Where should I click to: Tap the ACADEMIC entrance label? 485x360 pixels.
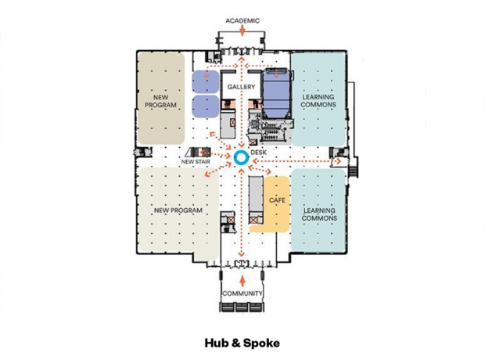pos(242,21)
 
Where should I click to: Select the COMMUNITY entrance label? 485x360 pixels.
pos(242,293)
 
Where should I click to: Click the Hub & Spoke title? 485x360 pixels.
pos(242,343)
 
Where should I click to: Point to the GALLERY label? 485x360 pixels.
pos(241,87)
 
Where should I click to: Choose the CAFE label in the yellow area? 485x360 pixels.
pos(277,200)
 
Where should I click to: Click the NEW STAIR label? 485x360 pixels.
pos(196,161)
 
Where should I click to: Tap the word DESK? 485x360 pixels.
pos(258,153)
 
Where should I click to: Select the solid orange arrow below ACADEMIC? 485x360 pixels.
pos(242,30)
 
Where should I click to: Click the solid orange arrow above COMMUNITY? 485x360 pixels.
pos(242,281)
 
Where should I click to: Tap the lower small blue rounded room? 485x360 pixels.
pos(206,106)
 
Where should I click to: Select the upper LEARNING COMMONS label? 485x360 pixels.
pos(318,101)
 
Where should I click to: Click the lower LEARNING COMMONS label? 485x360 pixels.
pos(319,214)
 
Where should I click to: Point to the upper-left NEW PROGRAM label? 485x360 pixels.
pos(160,101)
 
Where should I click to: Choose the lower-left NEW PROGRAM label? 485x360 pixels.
pos(178,211)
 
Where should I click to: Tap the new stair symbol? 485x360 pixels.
pos(198,152)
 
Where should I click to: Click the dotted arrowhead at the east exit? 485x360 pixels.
pos(339,161)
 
